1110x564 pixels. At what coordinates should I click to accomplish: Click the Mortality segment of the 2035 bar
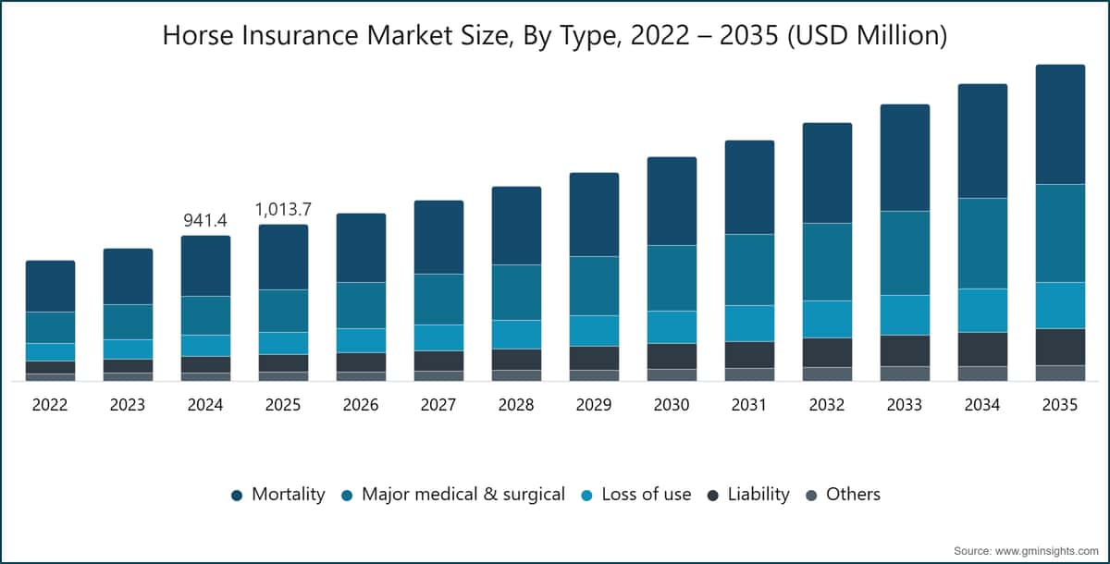[1060, 124]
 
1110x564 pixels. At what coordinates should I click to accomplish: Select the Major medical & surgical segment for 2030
[672, 277]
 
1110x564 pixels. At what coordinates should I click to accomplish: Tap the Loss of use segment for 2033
[905, 315]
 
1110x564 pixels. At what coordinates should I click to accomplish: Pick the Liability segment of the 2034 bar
[982, 349]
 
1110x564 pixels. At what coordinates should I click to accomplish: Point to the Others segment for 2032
[827, 374]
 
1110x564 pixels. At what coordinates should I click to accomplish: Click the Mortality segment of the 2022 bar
[51, 287]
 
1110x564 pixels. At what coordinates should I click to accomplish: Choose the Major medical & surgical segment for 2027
[439, 299]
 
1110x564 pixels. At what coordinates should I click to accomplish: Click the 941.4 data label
[205, 220]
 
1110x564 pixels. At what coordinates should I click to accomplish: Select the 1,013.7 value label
[283, 210]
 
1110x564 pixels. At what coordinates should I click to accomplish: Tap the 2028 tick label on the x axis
[516, 405]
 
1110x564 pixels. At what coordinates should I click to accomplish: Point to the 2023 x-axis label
[128, 405]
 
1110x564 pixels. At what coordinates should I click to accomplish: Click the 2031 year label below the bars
[748, 405]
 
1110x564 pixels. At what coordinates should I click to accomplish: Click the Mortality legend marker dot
[237, 496]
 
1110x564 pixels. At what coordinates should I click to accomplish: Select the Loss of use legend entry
[636, 494]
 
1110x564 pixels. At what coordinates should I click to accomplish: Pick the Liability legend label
[758, 494]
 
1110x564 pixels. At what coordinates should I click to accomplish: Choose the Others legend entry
[844, 494]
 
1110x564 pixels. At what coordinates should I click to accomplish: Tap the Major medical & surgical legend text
[463, 494]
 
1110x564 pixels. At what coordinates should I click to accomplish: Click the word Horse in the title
[198, 36]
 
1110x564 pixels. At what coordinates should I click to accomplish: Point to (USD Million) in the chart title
[868, 36]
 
